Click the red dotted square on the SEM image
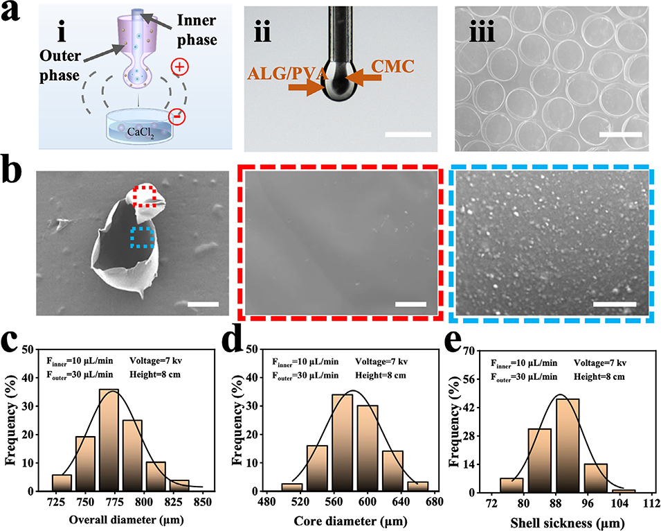click(x=145, y=196)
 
